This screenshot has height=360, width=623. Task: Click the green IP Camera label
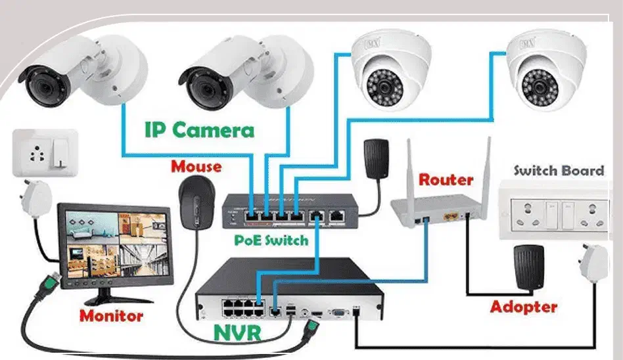[x=199, y=129]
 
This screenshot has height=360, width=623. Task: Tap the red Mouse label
[x=196, y=166]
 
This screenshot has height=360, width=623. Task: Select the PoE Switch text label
[x=271, y=240]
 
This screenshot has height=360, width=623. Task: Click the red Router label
[x=446, y=179]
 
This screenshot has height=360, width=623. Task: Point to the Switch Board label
[x=559, y=171]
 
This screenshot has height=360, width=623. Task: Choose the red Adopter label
[x=523, y=307]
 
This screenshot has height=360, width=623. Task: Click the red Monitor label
[x=111, y=315]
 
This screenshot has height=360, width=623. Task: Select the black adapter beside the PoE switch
[x=376, y=157]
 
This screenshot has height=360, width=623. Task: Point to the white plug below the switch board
[x=594, y=266]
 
